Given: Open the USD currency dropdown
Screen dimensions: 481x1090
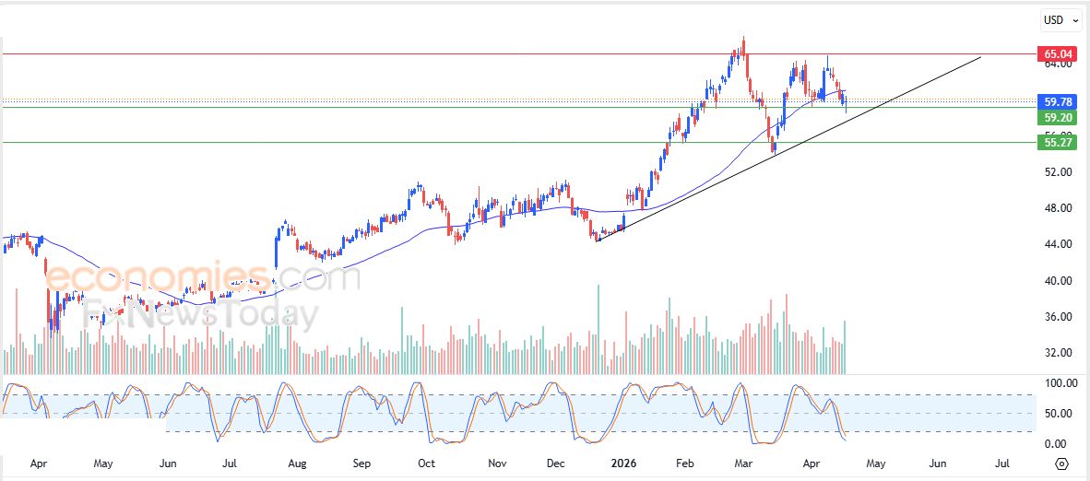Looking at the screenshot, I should coord(1059,20).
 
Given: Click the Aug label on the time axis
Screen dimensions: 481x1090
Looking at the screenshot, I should coord(296,463).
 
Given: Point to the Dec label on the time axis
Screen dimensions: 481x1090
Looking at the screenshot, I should coord(557,463).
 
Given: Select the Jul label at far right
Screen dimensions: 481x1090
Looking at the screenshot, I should coord(1002,463).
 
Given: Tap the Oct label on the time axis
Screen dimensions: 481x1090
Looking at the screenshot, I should coord(426,463).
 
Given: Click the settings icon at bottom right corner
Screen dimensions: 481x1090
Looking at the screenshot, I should coord(1061,463).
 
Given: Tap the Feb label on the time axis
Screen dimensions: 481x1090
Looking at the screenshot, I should coord(684,463).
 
